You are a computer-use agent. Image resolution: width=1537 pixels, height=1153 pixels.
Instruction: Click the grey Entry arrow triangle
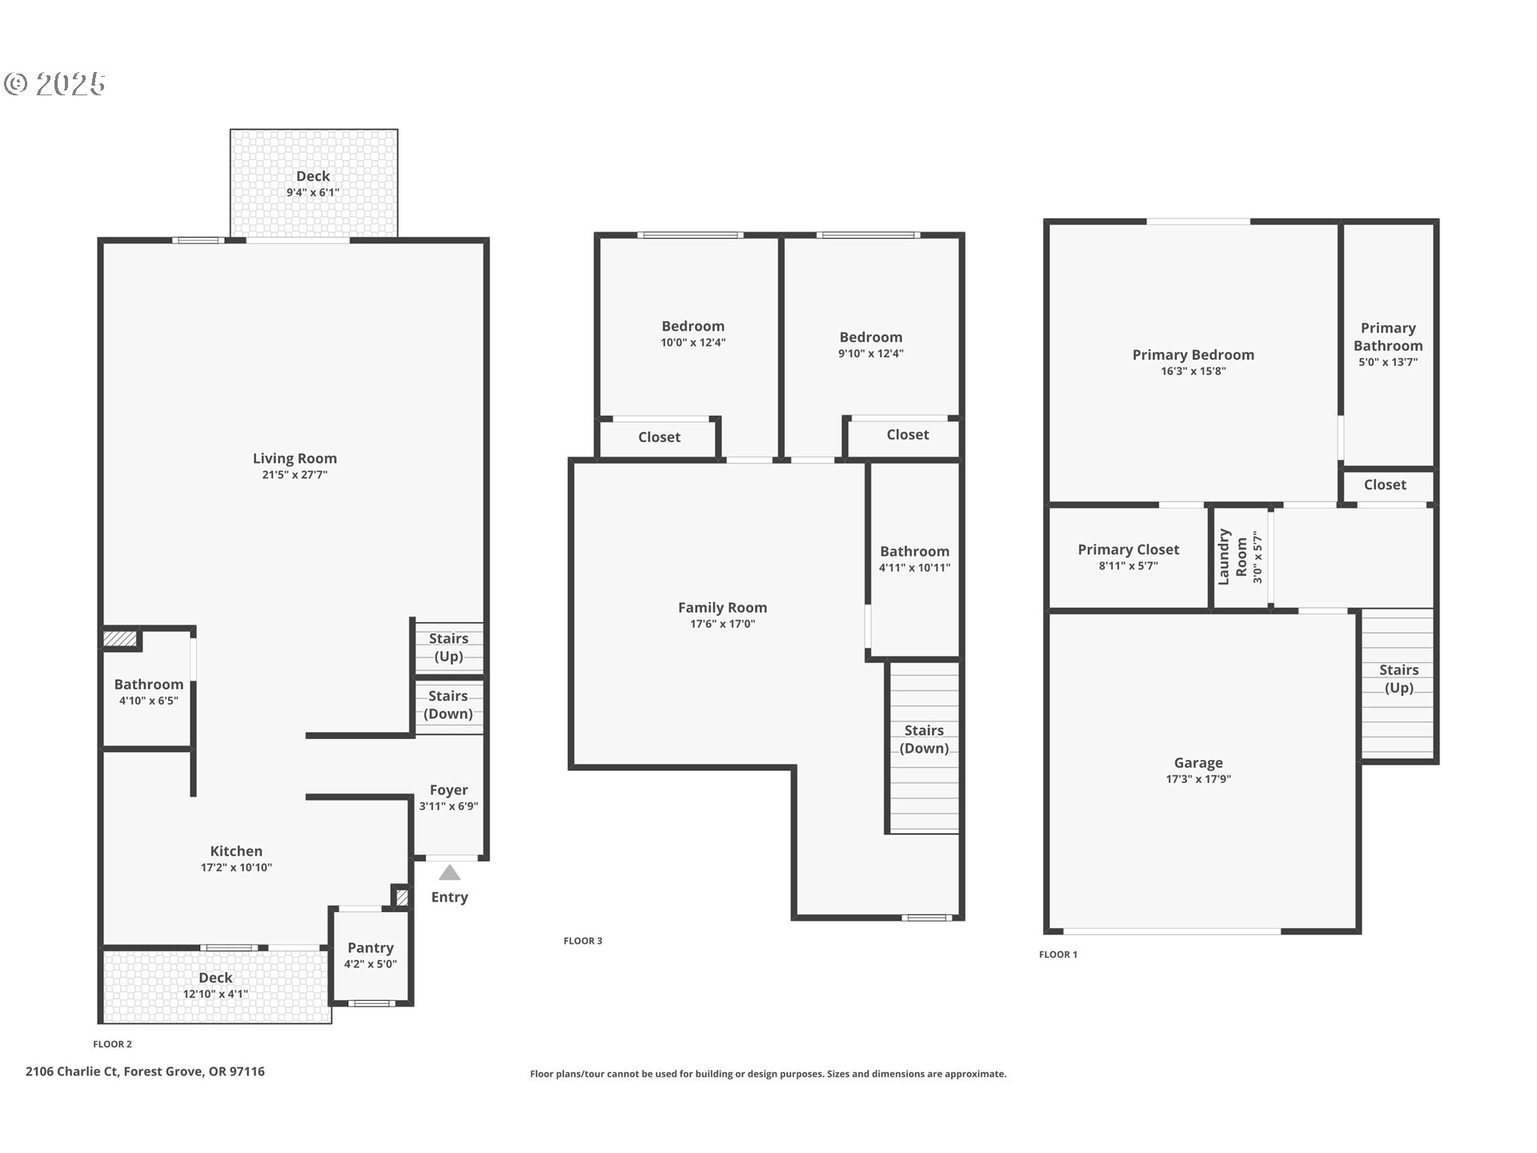[x=450, y=874]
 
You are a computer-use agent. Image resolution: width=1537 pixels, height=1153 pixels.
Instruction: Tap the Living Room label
[x=295, y=459]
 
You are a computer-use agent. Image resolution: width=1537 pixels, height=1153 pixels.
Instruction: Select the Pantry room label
[x=370, y=948]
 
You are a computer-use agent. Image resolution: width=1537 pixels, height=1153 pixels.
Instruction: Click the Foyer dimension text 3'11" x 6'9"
[x=448, y=806]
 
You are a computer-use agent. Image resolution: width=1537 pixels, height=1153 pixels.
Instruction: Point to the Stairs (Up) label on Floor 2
[x=448, y=647]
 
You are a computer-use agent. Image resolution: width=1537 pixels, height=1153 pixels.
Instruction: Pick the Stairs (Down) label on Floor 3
[x=924, y=739]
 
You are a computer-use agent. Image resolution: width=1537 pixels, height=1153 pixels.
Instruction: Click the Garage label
[x=1198, y=763]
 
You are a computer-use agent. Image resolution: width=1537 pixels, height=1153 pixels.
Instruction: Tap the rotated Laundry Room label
[x=1233, y=556]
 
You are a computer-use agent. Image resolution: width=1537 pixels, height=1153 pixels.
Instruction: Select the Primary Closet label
[x=1128, y=549]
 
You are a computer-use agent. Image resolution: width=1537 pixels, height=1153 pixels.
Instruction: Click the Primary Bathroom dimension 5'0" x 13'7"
[x=1387, y=362]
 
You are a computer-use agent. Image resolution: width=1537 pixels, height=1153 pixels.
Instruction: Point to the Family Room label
[x=722, y=608]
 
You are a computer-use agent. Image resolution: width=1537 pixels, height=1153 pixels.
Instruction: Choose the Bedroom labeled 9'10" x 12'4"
[x=870, y=338]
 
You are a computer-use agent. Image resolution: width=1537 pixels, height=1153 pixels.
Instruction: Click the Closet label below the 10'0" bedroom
[x=659, y=437]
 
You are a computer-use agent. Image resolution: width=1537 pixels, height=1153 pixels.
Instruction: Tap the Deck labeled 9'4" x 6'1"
[x=313, y=176]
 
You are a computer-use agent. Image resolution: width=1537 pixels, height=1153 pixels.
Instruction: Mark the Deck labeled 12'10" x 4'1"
[x=215, y=978]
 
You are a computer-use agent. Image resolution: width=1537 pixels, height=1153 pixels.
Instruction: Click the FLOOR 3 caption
[x=583, y=941]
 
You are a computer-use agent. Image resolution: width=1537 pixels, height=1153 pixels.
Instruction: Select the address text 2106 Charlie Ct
[x=145, y=1071]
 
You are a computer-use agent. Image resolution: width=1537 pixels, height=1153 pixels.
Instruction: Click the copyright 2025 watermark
[x=54, y=84]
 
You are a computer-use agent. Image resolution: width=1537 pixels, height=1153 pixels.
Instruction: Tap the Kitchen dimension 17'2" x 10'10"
[x=236, y=867]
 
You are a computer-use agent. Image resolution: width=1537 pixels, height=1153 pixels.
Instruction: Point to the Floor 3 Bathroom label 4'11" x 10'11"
[x=914, y=552]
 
